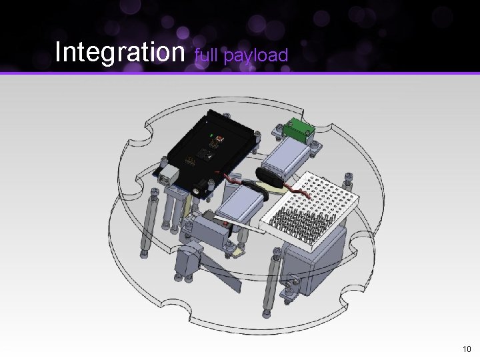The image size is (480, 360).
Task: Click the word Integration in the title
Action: coord(120,53)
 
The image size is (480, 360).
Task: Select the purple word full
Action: coord(206,55)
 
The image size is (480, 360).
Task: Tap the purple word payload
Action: coord(256,56)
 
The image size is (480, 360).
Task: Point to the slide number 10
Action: coord(467,349)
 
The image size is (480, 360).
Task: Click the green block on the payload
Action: coord(298,129)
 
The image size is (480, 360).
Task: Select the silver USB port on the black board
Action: coord(169,175)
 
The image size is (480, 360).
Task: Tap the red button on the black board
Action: coord(219,139)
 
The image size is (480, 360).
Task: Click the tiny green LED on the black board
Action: coord(211,135)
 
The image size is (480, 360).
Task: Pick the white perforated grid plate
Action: coord(309,209)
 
